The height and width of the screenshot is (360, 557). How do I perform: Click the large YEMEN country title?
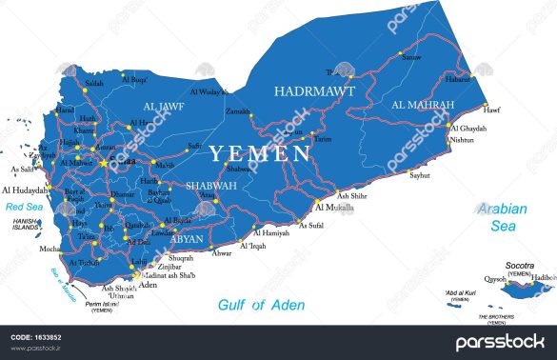[260, 153]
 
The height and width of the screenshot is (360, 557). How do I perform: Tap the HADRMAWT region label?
[314, 91]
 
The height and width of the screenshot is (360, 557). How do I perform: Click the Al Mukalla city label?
[333, 206]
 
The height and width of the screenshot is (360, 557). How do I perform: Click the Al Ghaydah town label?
[468, 128]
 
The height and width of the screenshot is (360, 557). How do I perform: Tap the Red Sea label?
[24, 206]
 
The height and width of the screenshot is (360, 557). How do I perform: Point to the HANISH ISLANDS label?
[25, 225]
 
